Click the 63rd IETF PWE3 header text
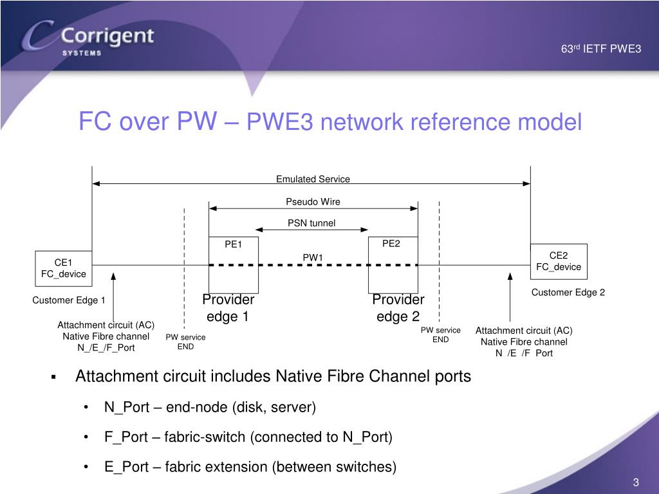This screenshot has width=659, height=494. [x=600, y=48]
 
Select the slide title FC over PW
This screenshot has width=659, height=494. [x=329, y=122]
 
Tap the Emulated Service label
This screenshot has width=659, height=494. [x=313, y=179]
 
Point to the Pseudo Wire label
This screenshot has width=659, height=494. [x=313, y=202]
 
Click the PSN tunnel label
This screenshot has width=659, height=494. [x=311, y=224]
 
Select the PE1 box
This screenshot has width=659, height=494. [x=233, y=264]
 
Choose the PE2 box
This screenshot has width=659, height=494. [x=393, y=264]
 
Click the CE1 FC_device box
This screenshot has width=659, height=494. [x=62, y=268]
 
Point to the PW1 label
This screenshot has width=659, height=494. [x=313, y=258]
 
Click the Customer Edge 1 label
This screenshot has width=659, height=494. [x=69, y=300]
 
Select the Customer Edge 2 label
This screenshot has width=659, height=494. [x=568, y=293]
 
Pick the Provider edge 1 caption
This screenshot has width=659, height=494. [x=228, y=308]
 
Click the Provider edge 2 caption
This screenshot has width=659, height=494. [x=398, y=308]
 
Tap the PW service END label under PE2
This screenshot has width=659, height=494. [x=440, y=334]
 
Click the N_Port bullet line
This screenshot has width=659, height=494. [x=210, y=407]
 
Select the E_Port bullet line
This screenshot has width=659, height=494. [x=250, y=467]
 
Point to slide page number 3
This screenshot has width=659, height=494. [x=635, y=484]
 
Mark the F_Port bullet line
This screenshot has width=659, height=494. [x=248, y=437]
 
